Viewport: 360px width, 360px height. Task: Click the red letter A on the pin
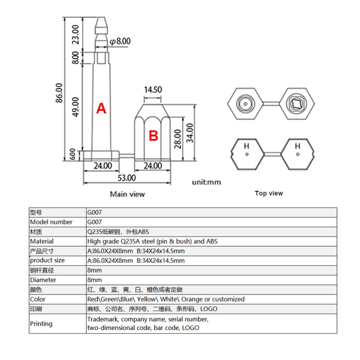click(102, 108)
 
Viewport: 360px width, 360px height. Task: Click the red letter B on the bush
click(153, 135)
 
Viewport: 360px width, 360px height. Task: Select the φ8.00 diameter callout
click(120, 41)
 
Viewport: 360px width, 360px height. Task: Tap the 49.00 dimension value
click(76, 107)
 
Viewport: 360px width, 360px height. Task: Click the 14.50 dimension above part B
click(153, 90)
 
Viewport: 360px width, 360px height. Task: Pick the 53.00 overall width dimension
click(127, 177)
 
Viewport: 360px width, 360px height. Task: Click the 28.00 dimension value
click(178, 139)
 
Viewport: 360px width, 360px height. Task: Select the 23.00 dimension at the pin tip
click(76, 35)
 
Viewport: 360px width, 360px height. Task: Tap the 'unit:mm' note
click(207, 182)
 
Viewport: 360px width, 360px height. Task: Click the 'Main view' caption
click(127, 194)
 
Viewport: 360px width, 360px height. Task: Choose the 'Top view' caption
click(269, 193)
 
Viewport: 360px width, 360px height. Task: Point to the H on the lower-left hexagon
click(247, 146)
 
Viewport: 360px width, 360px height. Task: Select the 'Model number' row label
click(51, 222)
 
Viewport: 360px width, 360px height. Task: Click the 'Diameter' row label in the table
click(43, 280)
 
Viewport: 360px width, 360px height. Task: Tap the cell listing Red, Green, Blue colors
click(166, 299)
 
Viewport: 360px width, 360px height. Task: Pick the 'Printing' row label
click(41, 324)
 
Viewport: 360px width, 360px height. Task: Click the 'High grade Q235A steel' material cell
click(152, 241)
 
